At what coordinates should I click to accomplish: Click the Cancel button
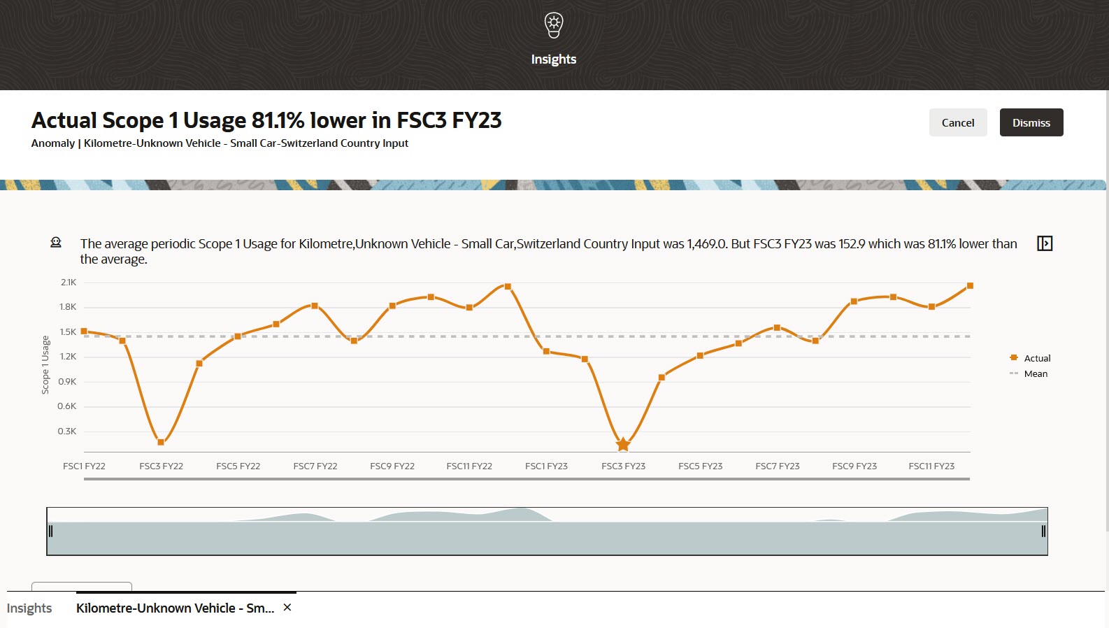[957, 122]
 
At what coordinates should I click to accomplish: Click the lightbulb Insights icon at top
[554, 25]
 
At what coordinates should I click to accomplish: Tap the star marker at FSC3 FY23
[623, 444]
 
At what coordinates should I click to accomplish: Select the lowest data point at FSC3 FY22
[161, 442]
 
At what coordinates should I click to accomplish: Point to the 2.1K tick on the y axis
[69, 283]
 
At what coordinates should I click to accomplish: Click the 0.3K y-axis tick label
[67, 431]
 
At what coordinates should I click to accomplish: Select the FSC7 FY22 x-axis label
[315, 466]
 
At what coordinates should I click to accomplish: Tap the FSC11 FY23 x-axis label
[931, 466]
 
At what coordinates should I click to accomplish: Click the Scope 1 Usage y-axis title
[45, 365]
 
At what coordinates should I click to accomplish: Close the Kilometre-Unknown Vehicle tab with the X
[287, 608]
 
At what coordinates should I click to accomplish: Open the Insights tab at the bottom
[29, 608]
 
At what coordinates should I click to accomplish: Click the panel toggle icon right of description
[1045, 243]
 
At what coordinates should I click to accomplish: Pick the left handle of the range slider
[50, 531]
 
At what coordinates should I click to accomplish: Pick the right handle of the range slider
[1043, 531]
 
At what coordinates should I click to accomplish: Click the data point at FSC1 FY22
[84, 331]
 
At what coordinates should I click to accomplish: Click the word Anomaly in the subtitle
[53, 143]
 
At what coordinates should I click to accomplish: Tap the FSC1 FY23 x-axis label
[546, 466]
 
